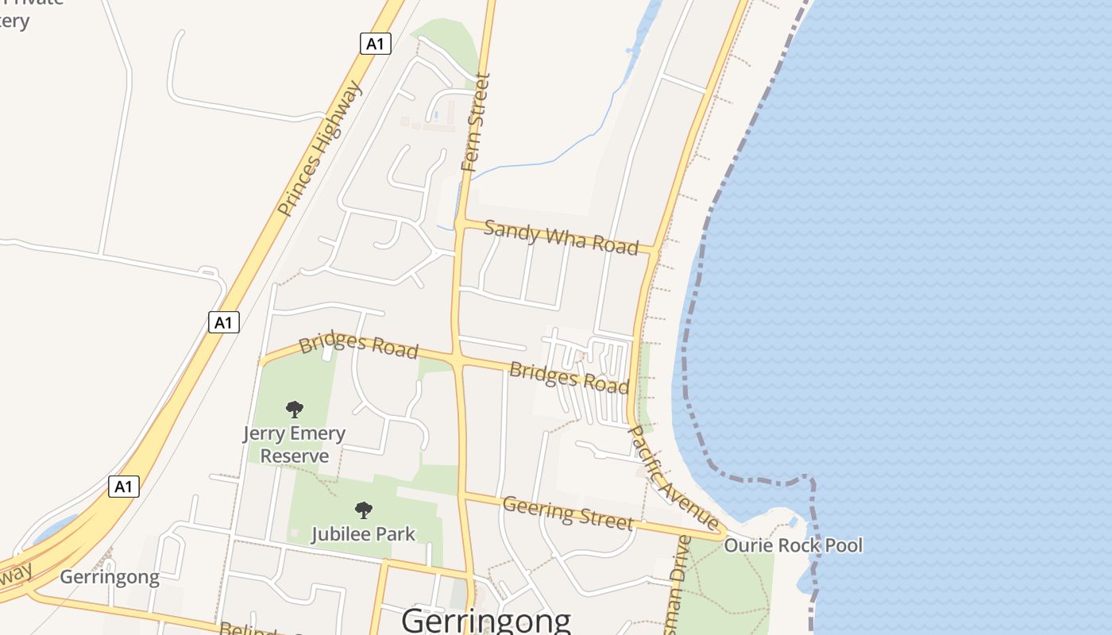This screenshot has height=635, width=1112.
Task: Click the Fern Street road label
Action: tap(475, 123)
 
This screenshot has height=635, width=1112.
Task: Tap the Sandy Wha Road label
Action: tap(561, 237)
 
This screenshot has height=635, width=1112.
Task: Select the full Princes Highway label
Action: tap(320, 148)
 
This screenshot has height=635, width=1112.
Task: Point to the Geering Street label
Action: tap(568, 512)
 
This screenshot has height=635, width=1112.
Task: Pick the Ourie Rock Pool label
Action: tap(793, 545)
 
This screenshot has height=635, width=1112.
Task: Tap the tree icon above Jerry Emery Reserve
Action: tap(295, 410)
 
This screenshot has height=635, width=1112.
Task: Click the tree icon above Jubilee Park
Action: tap(363, 510)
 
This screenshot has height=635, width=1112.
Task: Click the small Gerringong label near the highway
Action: tap(110, 577)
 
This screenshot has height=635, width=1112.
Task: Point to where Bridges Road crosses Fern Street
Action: tap(457, 360)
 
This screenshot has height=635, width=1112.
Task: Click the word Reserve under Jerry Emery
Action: tap(295, 456)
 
